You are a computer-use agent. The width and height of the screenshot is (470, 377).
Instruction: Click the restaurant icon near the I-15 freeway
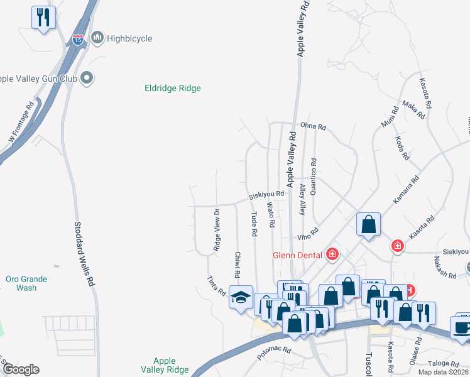coord(43,18)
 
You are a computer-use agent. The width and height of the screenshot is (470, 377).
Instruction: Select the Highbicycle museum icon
coord(97,38)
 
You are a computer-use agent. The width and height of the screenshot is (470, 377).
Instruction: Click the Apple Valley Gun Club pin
coord(87,78)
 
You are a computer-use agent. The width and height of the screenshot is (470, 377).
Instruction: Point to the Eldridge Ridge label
coord(172,89)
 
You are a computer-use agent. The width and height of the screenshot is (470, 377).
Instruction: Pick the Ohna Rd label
coord(313,127)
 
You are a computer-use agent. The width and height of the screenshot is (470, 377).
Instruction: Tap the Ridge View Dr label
coord(217,230)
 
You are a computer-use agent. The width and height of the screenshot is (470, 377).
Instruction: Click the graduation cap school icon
coord(241,297)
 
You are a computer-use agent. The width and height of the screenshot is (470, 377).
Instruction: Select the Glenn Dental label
coord(297,254)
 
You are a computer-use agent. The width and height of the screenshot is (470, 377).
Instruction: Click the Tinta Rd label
coord(217,286)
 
